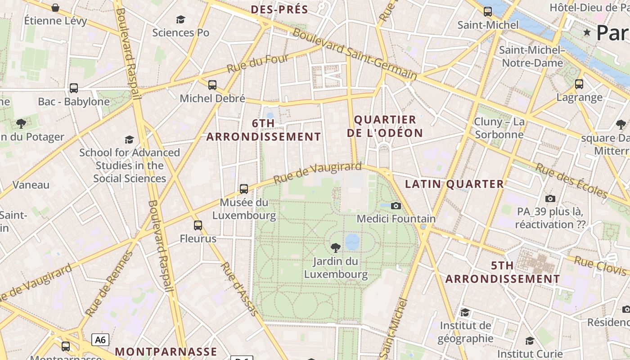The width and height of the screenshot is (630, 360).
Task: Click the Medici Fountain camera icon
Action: pyautogui.click(x=396, y=206)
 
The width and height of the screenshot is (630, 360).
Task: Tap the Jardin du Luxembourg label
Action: pyautogui.click(x=336, y=268)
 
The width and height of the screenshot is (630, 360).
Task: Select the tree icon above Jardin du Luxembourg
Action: pyautogui.click(x=335, y=247)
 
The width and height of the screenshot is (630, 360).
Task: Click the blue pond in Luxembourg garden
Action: pyautogui.click(x=352, y=242)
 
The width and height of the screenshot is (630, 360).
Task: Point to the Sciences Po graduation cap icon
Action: pyautogui.click(x=180, y=19)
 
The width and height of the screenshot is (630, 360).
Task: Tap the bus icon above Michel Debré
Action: pyautogui.click(x=212, y=85)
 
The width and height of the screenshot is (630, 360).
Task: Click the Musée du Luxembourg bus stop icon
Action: pyautogui.click(x=244, y=189)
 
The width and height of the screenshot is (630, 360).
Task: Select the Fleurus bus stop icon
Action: pyautogui.click(x=198, y=225)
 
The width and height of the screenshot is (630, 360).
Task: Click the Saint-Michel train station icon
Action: pyautogui.click(x=488, y=12)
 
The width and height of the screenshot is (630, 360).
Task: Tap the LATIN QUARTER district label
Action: pyautogui.click(x=454, y=184)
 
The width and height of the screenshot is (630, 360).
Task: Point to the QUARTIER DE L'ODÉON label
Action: pyautogui.click(x=388, y=126)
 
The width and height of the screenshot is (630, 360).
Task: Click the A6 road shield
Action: pyautogui.click(x=100, y=339)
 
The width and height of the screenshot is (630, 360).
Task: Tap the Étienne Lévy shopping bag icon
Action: pyautogui.click(x=55, y=8)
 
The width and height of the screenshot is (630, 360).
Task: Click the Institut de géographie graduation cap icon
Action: pyautogui.click(x=465, y=312)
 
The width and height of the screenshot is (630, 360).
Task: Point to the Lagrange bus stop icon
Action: pyautogui.click(x=579, y=84)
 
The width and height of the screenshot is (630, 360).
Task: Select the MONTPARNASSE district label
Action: pyautogui.click(x=166, y=351)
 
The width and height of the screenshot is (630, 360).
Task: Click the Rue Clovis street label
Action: pyautogui.click(x=600, y=265)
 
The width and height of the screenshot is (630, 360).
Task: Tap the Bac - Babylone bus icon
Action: pyautogui.click(x=74, y=88)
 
